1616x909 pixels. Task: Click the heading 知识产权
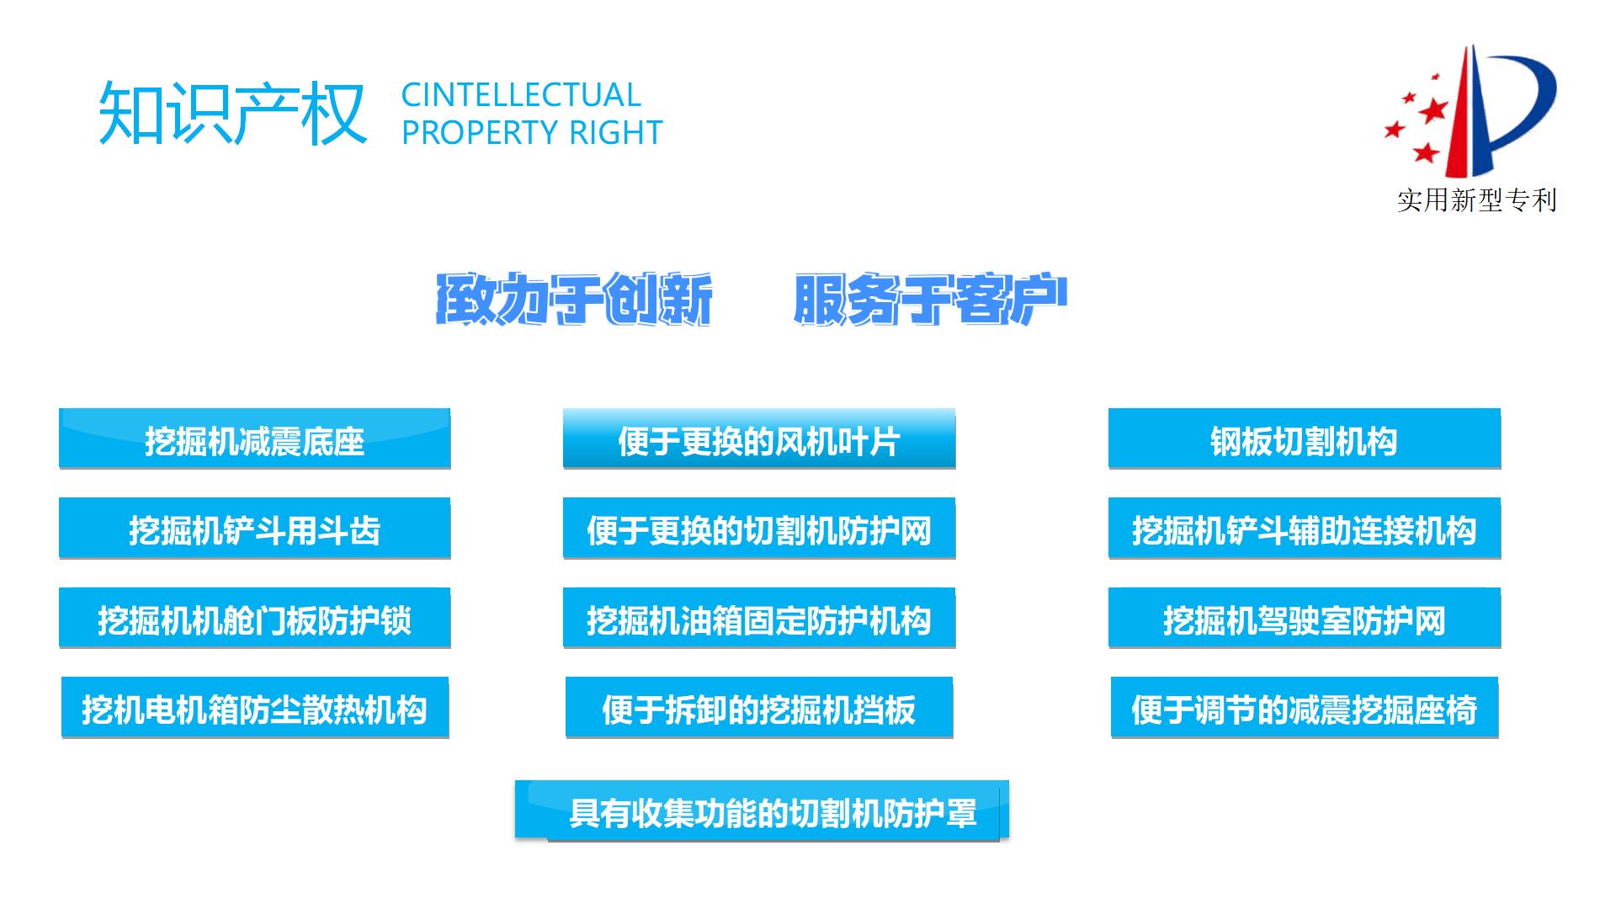pyautogui.click(x=232, y=113)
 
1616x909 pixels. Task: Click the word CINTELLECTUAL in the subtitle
pyautogui.click(x=521, y=95)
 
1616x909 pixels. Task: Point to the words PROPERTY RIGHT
pyautogui.click(x=532, y=133)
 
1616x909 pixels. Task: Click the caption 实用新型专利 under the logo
pyautogui.click(x=1477, y=200)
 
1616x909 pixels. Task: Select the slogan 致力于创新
pyautogui.click(x=575, y=300)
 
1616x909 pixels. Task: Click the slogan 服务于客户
pyautogui.click(x=930, y=300)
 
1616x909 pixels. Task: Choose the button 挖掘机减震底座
pyautogui.click(x=254, y=439)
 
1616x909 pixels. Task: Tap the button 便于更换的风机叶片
pyautogui.click(x=758, y=439)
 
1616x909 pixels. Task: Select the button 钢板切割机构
pyautogui.click(x=1304, y=439)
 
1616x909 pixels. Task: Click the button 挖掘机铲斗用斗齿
pyautogui.click(x=254, y=529)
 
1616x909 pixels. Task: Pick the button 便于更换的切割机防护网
pyautogui.click(x=758, y=529)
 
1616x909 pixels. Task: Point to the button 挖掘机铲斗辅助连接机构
pyautogui.click(x=1304, y=529)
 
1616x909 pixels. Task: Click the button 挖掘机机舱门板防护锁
pyautogui.click(x=254, y=619)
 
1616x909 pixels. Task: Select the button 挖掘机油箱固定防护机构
pyautogui.click(x=758, y=619)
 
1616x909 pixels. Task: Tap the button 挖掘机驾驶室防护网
pyautogui.click(x=1304, y=619)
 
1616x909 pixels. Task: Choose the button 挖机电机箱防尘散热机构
pyautogui.click(x=254, y=708)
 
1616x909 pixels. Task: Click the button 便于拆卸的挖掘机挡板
pyautogui.click(x=758, y=708)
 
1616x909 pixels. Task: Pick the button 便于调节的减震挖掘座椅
pyautogui.click(x=1304, y=708)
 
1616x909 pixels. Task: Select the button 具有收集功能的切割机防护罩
pyautogui.click(x=762, y=811)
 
